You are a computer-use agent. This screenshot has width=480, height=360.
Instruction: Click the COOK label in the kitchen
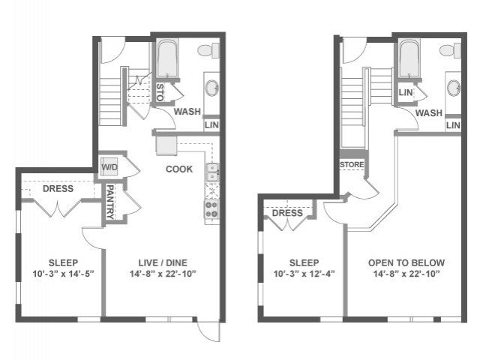(179, 169)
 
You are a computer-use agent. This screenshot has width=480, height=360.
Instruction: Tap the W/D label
(109, 167)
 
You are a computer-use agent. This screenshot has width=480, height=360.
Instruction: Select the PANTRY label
(110, 202)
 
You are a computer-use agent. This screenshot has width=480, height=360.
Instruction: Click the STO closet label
(160, 92)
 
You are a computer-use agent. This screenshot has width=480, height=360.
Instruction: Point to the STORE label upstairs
(352, 165)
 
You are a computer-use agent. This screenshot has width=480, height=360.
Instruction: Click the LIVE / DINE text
(163, 262)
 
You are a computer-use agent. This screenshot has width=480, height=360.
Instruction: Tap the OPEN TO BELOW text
(406, 262)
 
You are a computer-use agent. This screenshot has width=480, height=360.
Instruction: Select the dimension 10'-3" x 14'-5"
(63, 273)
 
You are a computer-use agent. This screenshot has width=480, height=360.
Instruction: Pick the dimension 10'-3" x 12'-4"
(304, 273)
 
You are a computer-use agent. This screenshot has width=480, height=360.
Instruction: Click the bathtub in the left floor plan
(167, 58)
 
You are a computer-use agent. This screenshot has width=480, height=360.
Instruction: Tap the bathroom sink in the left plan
(211, 88)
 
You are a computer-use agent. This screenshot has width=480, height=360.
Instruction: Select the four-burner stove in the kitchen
(211, 209)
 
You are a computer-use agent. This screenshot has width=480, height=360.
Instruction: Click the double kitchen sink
(212, 172)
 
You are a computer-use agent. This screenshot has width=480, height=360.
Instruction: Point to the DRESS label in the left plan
(58, 188)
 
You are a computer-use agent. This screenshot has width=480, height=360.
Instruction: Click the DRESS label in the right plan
(287, 213)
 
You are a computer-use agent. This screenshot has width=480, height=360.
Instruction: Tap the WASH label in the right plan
(429, 113)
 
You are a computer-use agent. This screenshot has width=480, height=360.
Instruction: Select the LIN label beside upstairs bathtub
(406, 92)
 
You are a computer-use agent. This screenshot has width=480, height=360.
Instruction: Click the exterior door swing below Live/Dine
(208, 331)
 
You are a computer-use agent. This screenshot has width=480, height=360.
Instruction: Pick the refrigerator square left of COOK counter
(166, 145)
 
